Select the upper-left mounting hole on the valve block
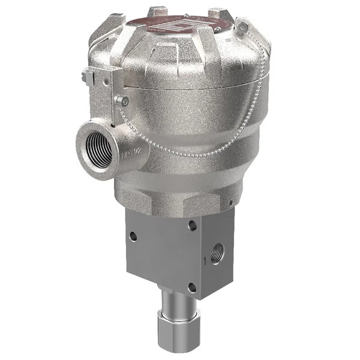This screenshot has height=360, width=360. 133,236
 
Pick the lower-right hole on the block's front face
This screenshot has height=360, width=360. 191,287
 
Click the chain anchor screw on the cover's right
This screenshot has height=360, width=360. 242,27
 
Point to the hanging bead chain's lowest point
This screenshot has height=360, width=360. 180,154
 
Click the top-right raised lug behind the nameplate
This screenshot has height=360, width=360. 220,13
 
